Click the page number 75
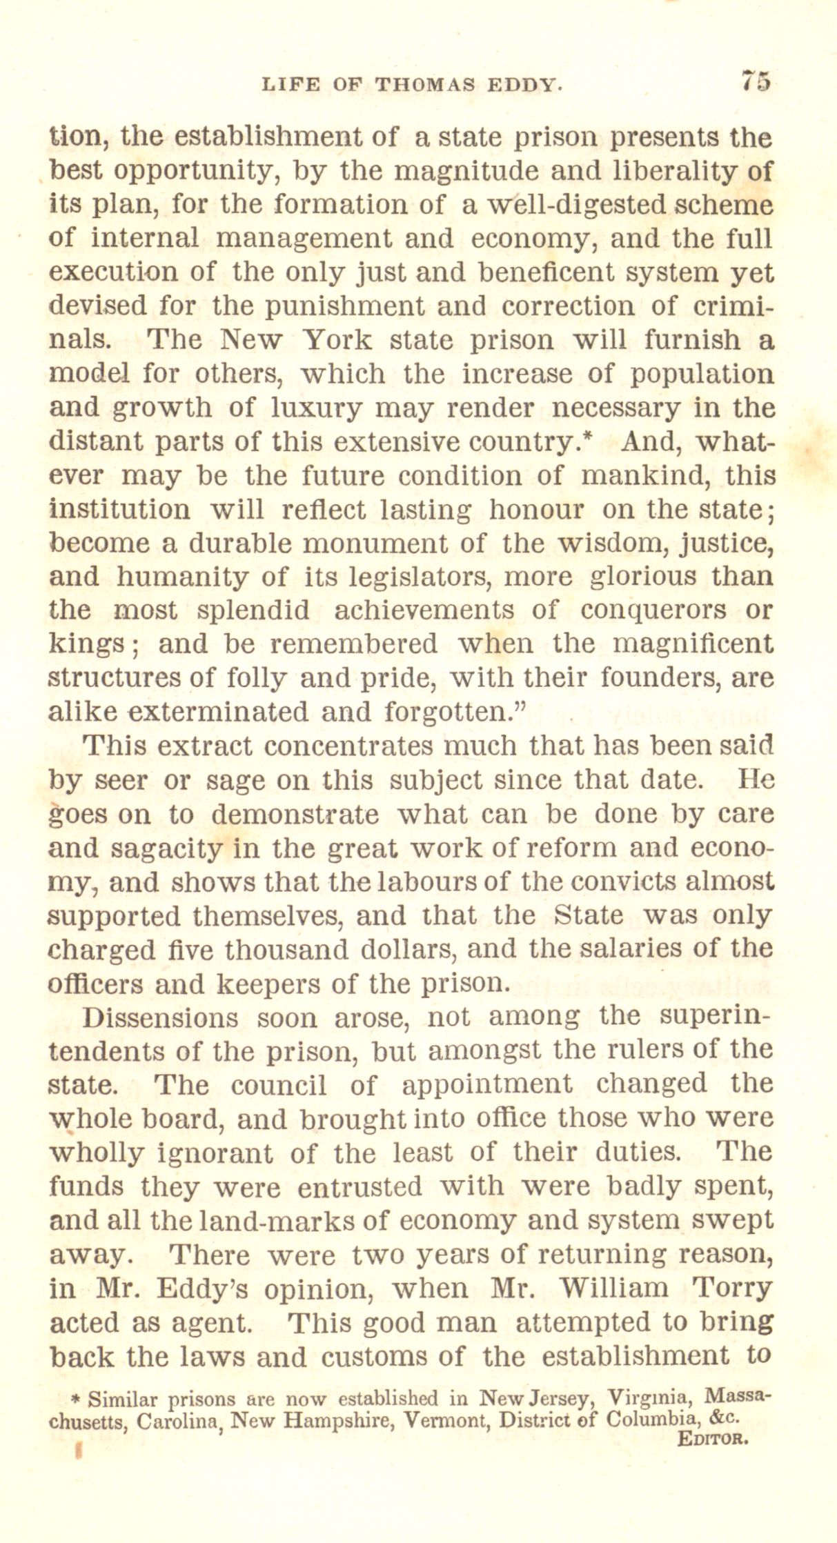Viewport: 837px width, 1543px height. (755, 81)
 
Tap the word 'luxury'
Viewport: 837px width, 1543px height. (315, 408)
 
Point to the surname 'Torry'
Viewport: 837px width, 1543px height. (732, 1288)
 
